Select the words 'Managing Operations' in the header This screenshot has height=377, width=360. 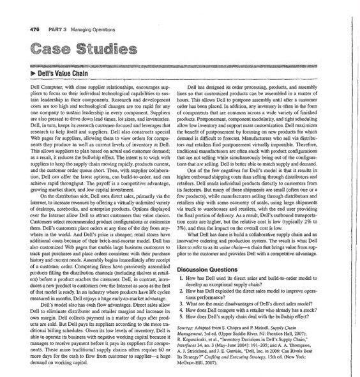pos(90,29)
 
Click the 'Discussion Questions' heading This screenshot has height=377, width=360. pos(221,266)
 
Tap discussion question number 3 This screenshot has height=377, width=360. pos(190,302)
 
